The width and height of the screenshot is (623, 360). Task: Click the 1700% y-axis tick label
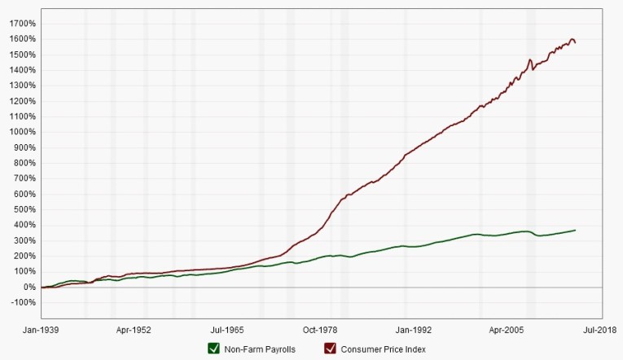[22, 24]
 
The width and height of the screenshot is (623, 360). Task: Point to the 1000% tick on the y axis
[22, 132]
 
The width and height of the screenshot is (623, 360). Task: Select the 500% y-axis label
[24, 209]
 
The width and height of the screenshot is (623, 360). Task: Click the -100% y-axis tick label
[23, 303]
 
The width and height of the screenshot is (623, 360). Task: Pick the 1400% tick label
[22, 70]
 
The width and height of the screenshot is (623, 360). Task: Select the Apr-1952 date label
[134, 331]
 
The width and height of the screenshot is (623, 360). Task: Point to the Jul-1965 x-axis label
[228, 331]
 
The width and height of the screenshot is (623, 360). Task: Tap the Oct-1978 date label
[321, 331]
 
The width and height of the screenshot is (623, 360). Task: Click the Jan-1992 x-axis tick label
[414, 331]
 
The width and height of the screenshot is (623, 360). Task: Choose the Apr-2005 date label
[507, 331]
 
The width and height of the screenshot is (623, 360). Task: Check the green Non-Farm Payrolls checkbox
[214, 349]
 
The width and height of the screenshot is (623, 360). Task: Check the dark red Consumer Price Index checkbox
[331, 349]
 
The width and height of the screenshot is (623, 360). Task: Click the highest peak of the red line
[573, 39]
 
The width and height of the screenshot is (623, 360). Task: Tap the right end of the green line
[576, 230]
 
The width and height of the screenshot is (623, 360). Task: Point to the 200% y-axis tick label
[24, 257]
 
